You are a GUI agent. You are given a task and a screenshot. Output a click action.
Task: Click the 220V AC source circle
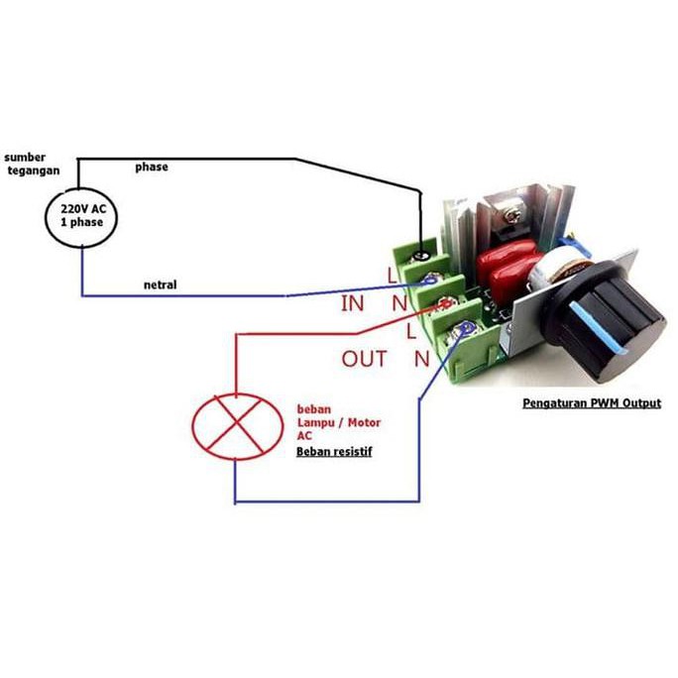pos(82,216)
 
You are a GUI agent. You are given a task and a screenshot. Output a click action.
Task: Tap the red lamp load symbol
pos(236,425)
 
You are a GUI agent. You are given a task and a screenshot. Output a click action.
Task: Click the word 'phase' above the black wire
pos(152,168)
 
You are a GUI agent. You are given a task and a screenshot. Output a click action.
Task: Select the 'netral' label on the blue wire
pos(160,285)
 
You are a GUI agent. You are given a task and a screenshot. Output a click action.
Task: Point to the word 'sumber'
pos(25,157)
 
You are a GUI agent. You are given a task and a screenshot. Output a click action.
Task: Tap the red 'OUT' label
pos(364,359)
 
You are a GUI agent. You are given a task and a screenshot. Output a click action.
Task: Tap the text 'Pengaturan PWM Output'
pos(592,403)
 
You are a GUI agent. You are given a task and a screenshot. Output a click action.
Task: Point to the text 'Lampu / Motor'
pos(339,423)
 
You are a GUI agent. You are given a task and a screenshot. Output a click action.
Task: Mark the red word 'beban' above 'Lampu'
pos(314,408)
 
